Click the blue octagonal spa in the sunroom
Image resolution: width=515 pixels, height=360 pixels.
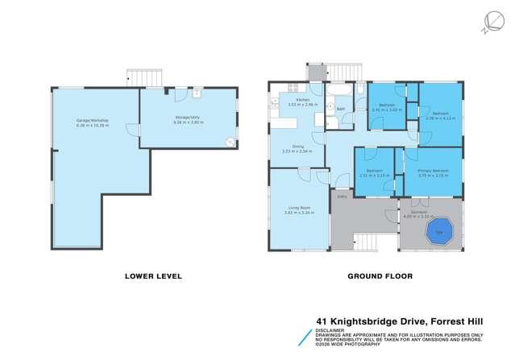439,231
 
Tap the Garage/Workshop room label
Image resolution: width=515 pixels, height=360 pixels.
93,122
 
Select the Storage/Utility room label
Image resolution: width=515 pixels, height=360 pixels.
189,119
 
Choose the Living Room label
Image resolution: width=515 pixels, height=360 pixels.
299,210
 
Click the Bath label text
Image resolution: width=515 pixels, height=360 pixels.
341,109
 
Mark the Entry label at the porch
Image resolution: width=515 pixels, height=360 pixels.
341,195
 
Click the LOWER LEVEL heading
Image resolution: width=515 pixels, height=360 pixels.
153,276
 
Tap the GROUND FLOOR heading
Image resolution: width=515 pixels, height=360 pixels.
380,276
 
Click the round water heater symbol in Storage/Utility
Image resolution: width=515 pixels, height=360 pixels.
230,143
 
